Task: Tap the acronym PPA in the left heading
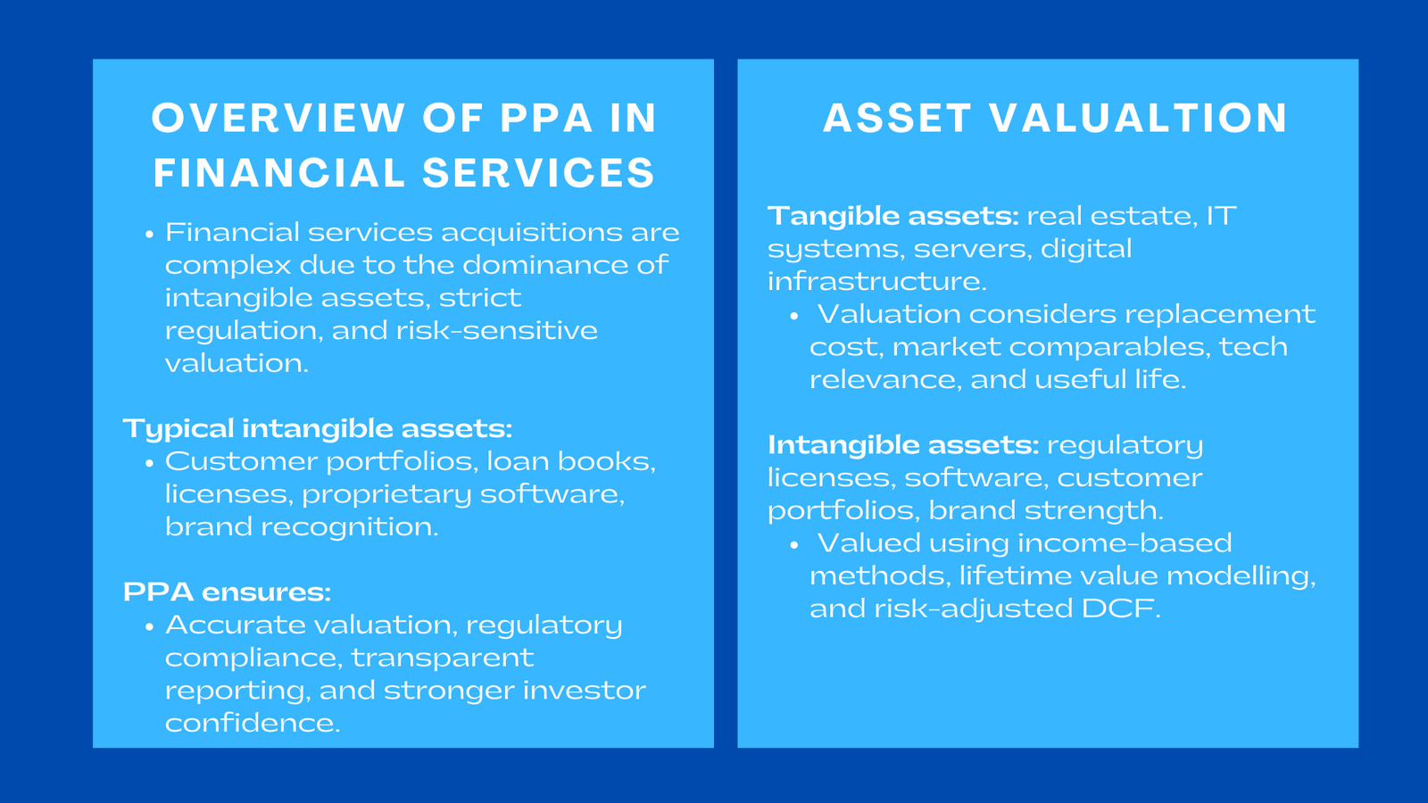coord(546,119)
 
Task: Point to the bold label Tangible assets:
coord(892,216)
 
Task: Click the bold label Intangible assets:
coord(902,445)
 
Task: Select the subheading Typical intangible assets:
coord(318,429)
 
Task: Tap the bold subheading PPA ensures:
coord(227,592)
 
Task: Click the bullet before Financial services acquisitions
coord(150,235)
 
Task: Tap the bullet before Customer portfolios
coord(150,464)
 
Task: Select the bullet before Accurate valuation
coord(150,627)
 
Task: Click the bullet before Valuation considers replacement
coord(794,316)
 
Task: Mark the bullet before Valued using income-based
coord(794,545)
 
